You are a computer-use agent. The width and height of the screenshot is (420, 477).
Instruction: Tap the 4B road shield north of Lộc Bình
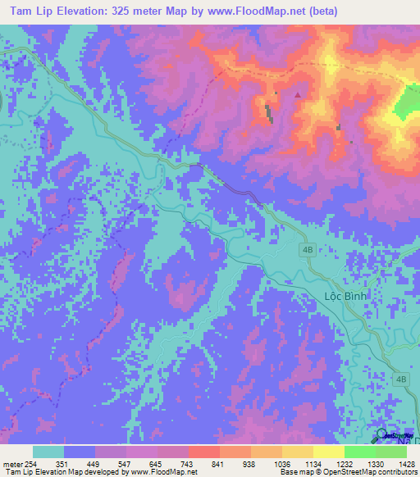(308, 252)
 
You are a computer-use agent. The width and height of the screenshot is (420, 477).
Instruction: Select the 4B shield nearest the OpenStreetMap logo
(401, 379)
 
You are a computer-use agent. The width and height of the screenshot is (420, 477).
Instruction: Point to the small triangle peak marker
(297, 94)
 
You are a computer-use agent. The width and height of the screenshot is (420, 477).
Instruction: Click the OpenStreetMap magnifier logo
(383, 435)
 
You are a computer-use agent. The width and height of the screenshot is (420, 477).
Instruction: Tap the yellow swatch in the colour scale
(329, 452)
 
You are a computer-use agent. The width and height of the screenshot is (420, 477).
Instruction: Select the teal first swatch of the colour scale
(48, 452)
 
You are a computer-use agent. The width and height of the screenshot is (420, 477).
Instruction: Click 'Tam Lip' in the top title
(30, 11)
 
